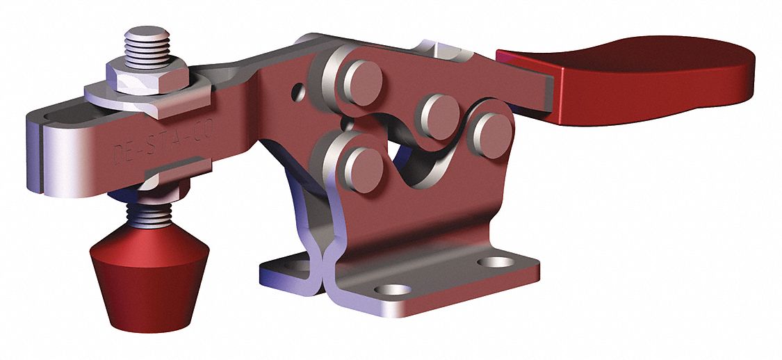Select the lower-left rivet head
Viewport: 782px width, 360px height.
click(361, 166)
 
